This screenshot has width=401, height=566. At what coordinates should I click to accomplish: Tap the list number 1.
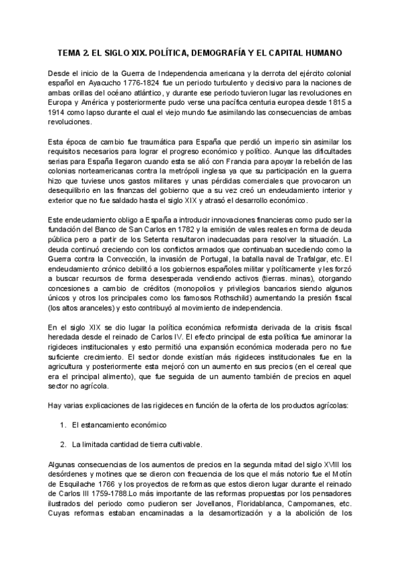click(63, 425)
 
